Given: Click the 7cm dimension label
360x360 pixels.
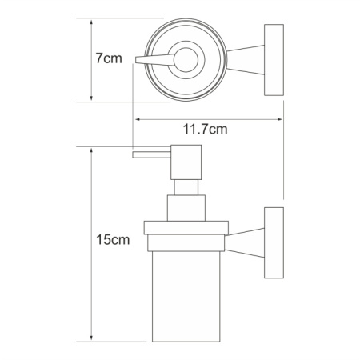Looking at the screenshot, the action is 109,58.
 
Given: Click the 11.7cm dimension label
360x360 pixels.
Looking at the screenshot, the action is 205,130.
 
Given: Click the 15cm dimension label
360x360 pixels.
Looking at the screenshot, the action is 113,239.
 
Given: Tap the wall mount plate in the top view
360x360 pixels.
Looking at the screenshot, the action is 274,60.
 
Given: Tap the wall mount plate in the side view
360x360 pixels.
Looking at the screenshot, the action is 274,243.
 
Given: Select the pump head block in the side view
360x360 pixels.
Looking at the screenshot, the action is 186,162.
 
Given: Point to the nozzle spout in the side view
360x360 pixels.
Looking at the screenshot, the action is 151,155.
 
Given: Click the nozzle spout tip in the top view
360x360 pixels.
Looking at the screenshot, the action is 135,60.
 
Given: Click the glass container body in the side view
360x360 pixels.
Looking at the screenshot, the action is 186,296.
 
